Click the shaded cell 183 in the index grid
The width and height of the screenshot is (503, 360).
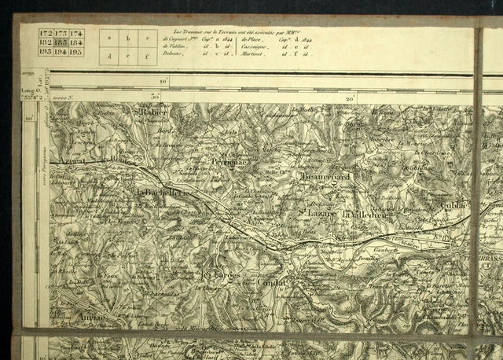pyautogui.click(x=61, y=42)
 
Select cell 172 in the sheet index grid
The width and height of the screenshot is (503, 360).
pyautogui.click(x=46, y=33)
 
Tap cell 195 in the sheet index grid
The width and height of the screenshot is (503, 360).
pyautogui.click(x=76, y=51)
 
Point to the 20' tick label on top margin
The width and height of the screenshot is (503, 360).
pyautogui.click(x=350, y=97)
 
